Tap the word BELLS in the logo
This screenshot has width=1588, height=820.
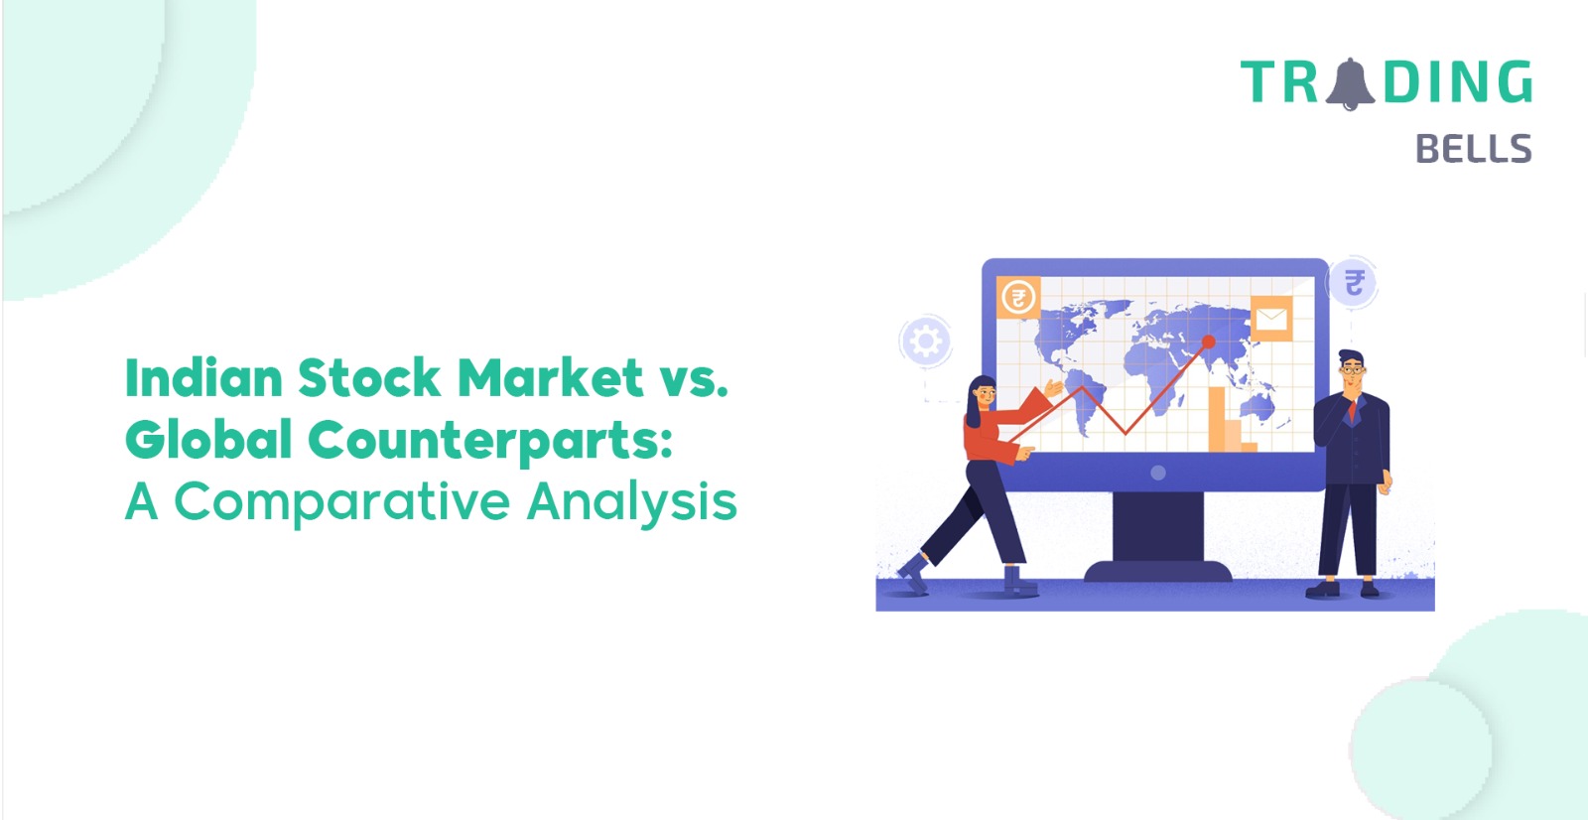click(1473, 149)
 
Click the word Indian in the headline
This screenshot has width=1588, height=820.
click(204, 377)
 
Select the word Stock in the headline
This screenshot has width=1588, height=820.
click(368, 377)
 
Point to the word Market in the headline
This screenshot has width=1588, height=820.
click(551, 377)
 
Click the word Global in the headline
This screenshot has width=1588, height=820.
click(208, 439)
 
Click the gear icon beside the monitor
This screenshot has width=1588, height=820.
click(925, 342)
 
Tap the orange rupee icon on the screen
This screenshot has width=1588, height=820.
click(1018, 297)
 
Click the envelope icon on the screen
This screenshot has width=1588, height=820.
click(1271, 319)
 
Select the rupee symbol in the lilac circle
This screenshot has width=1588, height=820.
click(1354, 283)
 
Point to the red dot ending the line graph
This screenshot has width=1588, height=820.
click(1209, 342)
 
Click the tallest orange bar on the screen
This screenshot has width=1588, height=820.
click(1217, 419)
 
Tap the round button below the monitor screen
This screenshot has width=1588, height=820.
click(1157, 473)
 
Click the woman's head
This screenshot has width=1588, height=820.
click(983, 395)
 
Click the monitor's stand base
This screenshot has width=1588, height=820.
click(1157, 570)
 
